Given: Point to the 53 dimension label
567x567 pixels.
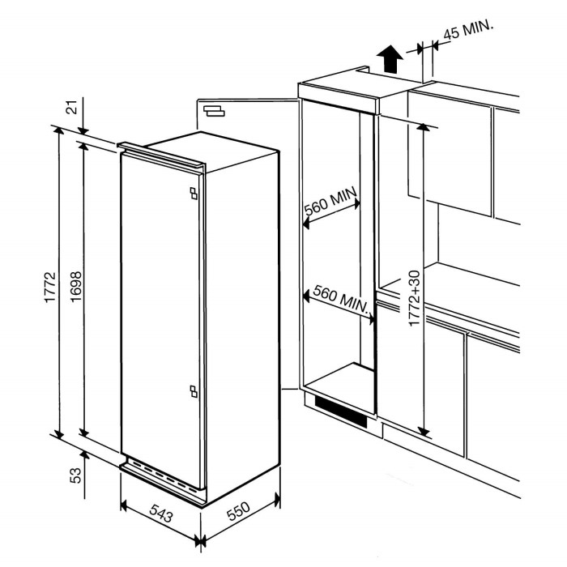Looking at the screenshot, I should click(x=75, y=475).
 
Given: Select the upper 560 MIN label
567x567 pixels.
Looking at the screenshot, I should click(x=327, y=207).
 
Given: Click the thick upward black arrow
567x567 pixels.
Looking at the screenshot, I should click(x=390, y=58).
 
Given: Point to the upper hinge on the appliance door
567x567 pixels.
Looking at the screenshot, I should click(x=193, y=193).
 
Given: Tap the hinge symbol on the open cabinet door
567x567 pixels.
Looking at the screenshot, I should click(x=215, y=111).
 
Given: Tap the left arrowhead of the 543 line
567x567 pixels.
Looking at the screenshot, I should click(x=124, y=503).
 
